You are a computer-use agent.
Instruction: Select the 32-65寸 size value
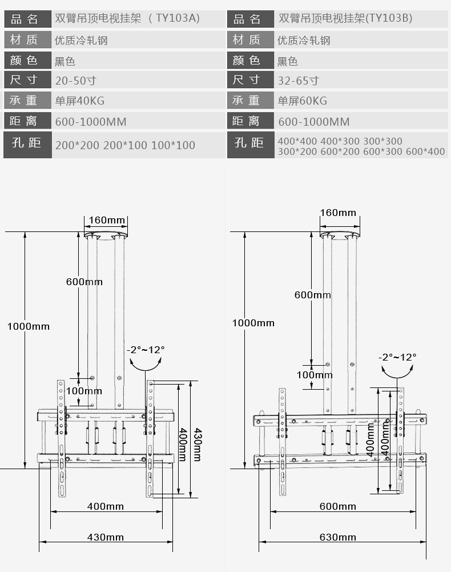pyautogui.click(x=299, y=80)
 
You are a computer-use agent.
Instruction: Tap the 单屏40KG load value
pyautogui.click(x=80, y=101)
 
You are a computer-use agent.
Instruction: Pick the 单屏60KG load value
pyautogui.click(x=303, y=101)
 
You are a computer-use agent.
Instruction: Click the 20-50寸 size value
pyautogui.click(x=76, y=80)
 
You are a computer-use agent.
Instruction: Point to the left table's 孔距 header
pyautogui.click(x=26, y=143)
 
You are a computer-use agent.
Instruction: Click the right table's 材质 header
pyautogui.click(x=247, y=39)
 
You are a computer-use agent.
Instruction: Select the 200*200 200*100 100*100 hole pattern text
pyautogui.click(x=125, y=145)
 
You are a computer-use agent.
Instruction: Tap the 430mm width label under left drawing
pyautogui.click(x=106, y=537)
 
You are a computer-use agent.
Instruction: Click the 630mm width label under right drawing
pyautogui.click(x=338, y=537)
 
